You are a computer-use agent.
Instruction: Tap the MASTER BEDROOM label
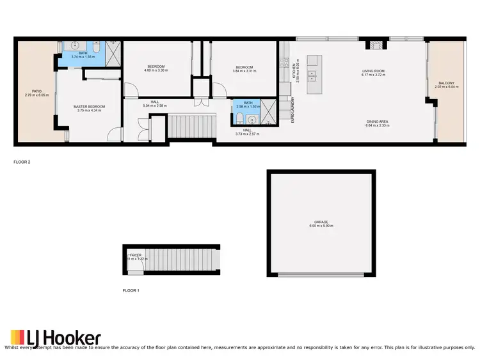[x=89, y=106]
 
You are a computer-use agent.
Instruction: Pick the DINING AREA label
[x=377, y=121]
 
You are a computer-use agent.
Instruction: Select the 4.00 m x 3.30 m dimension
[x=157, y=71]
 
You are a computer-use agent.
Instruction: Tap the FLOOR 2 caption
[x=22, y=162]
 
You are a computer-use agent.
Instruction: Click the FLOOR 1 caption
[x=131, y=290]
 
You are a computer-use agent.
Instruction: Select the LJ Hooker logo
[x=56, y=338]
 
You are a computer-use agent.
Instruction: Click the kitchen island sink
[x=312, y=75]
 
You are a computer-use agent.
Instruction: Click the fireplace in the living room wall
[x=372, y=44]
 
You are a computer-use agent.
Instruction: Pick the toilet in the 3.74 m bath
[x=96, y=48]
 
